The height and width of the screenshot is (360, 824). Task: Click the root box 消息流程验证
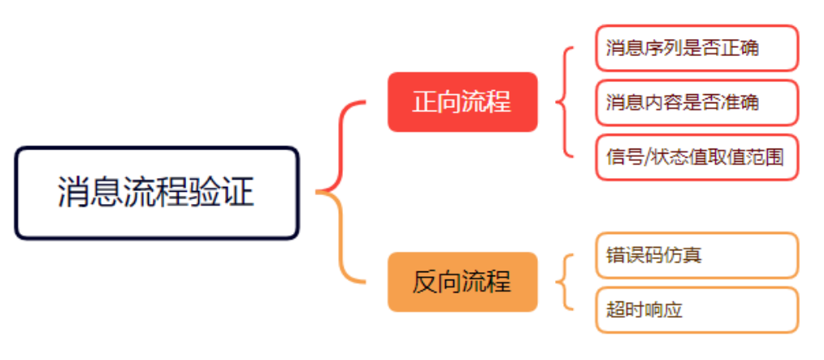[x=157, y=193]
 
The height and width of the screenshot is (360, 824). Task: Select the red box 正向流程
[x=462, y=102]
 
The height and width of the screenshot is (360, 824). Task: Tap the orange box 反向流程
[x=462, y=282]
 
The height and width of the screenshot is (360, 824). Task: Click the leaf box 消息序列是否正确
[x=696, y=47]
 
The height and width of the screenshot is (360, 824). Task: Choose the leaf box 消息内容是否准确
[x=696, y=102]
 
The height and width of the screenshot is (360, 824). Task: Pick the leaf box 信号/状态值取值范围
[x=696, y=157]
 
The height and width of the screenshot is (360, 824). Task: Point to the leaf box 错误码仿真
[x=696, y=255]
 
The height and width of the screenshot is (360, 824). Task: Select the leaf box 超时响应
[x=696, y=310]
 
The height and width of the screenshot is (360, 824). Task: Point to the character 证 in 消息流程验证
[x=241, y=193]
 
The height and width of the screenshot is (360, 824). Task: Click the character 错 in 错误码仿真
[x=615, y=255]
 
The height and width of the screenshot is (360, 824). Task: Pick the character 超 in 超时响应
[x=615, y=310]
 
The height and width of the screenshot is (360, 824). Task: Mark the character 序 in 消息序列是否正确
[x=651, y=47]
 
